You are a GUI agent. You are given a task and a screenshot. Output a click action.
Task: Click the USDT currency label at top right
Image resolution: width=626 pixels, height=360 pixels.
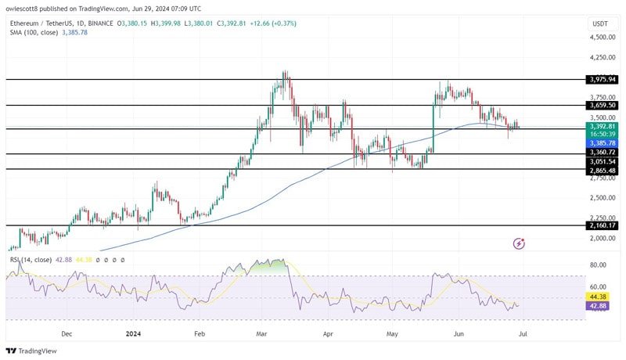point(599,23)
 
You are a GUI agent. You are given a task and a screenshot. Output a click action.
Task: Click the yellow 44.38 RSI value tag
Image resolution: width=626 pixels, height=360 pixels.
point(598,297)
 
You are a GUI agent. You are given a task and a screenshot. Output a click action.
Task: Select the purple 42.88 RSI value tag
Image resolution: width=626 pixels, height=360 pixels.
point(598,306)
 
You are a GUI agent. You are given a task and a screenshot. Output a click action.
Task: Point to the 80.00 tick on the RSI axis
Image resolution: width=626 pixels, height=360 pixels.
point(599,265)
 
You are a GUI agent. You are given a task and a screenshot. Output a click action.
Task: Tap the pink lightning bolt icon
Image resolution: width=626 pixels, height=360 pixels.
point(519,243)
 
